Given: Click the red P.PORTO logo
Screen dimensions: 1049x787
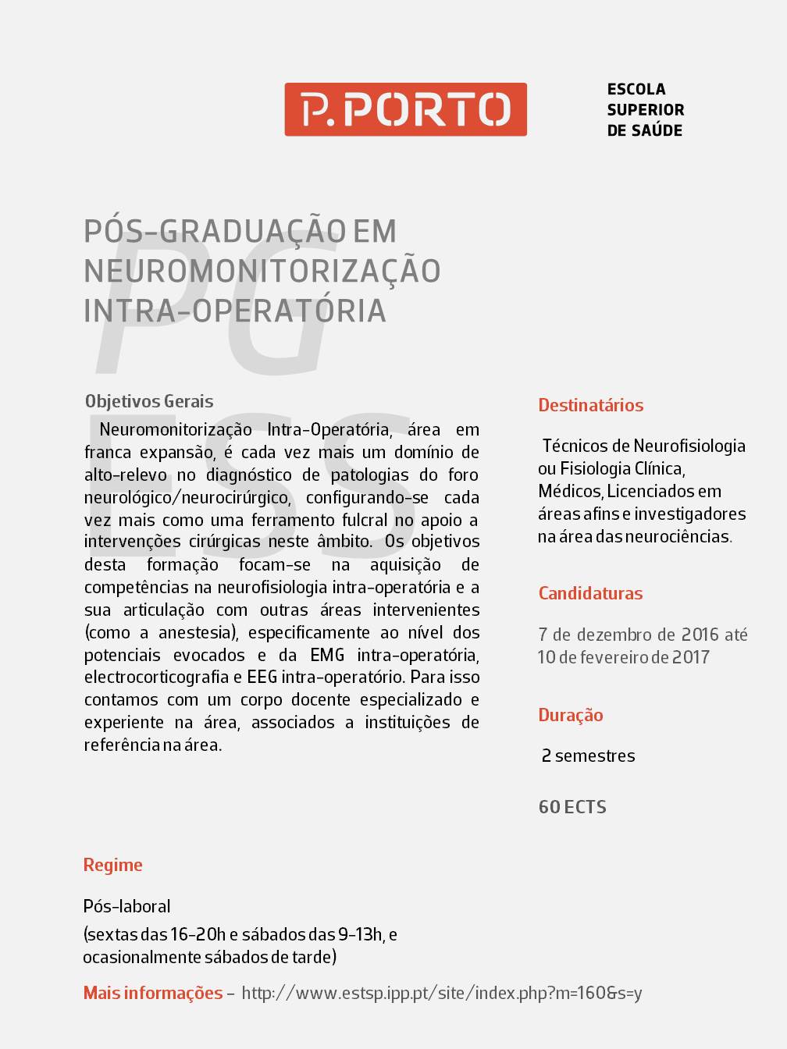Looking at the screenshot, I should pyautogui.click(x=405, y=109).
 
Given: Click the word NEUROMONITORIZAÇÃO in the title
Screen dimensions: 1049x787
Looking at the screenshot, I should pyautogui.click(x=262, y=271).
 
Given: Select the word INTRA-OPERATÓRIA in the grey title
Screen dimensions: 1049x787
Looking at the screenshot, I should pyautogui.click(x=235, y=311).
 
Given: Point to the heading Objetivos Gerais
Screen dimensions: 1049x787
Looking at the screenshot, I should pyautogui.click(x=149, y=401).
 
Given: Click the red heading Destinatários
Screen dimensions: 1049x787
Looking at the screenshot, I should pyautogui.click(x=590, y=405).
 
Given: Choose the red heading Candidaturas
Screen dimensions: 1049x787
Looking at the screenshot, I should pyautogui.click(x=590, y=593).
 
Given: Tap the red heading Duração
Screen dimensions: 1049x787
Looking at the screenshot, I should pyautogui.click(x=571, y=715).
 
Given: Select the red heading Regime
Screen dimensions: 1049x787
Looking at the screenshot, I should pyautogui.click(x=113, y=865).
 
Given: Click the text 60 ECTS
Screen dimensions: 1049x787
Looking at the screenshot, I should pyautogui.click(x=572, y=807).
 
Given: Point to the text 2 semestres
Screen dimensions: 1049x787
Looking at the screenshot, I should pyautogui.click(x=588, y=756).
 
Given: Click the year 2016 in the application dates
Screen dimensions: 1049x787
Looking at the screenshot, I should pyautogui.click(x=700, y=635).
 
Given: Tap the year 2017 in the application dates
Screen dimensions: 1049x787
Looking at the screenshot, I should pyautogui.click(x=691, y=657).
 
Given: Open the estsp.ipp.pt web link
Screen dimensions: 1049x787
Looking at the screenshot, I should pyautogui.click(x=442, y=993).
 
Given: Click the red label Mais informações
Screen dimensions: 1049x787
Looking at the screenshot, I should pyautogui.click(x=153, y=993).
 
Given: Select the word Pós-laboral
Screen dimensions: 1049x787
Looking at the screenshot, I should pyautogui.click(x=127, y=906).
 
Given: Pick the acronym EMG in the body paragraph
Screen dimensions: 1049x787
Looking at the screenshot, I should pyautogui.click(x=327, y=655).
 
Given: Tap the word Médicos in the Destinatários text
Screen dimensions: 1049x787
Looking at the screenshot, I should pyautogui.click(x=569, y=491).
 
